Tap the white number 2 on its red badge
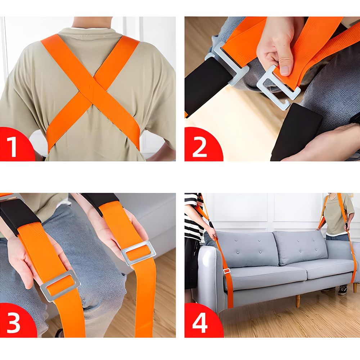tap(199, 147)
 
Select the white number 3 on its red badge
tap(13, 323)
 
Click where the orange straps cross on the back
tap(93, 90)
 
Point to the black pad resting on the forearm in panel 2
tap(296, 132)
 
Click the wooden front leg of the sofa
tap(298, 301)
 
